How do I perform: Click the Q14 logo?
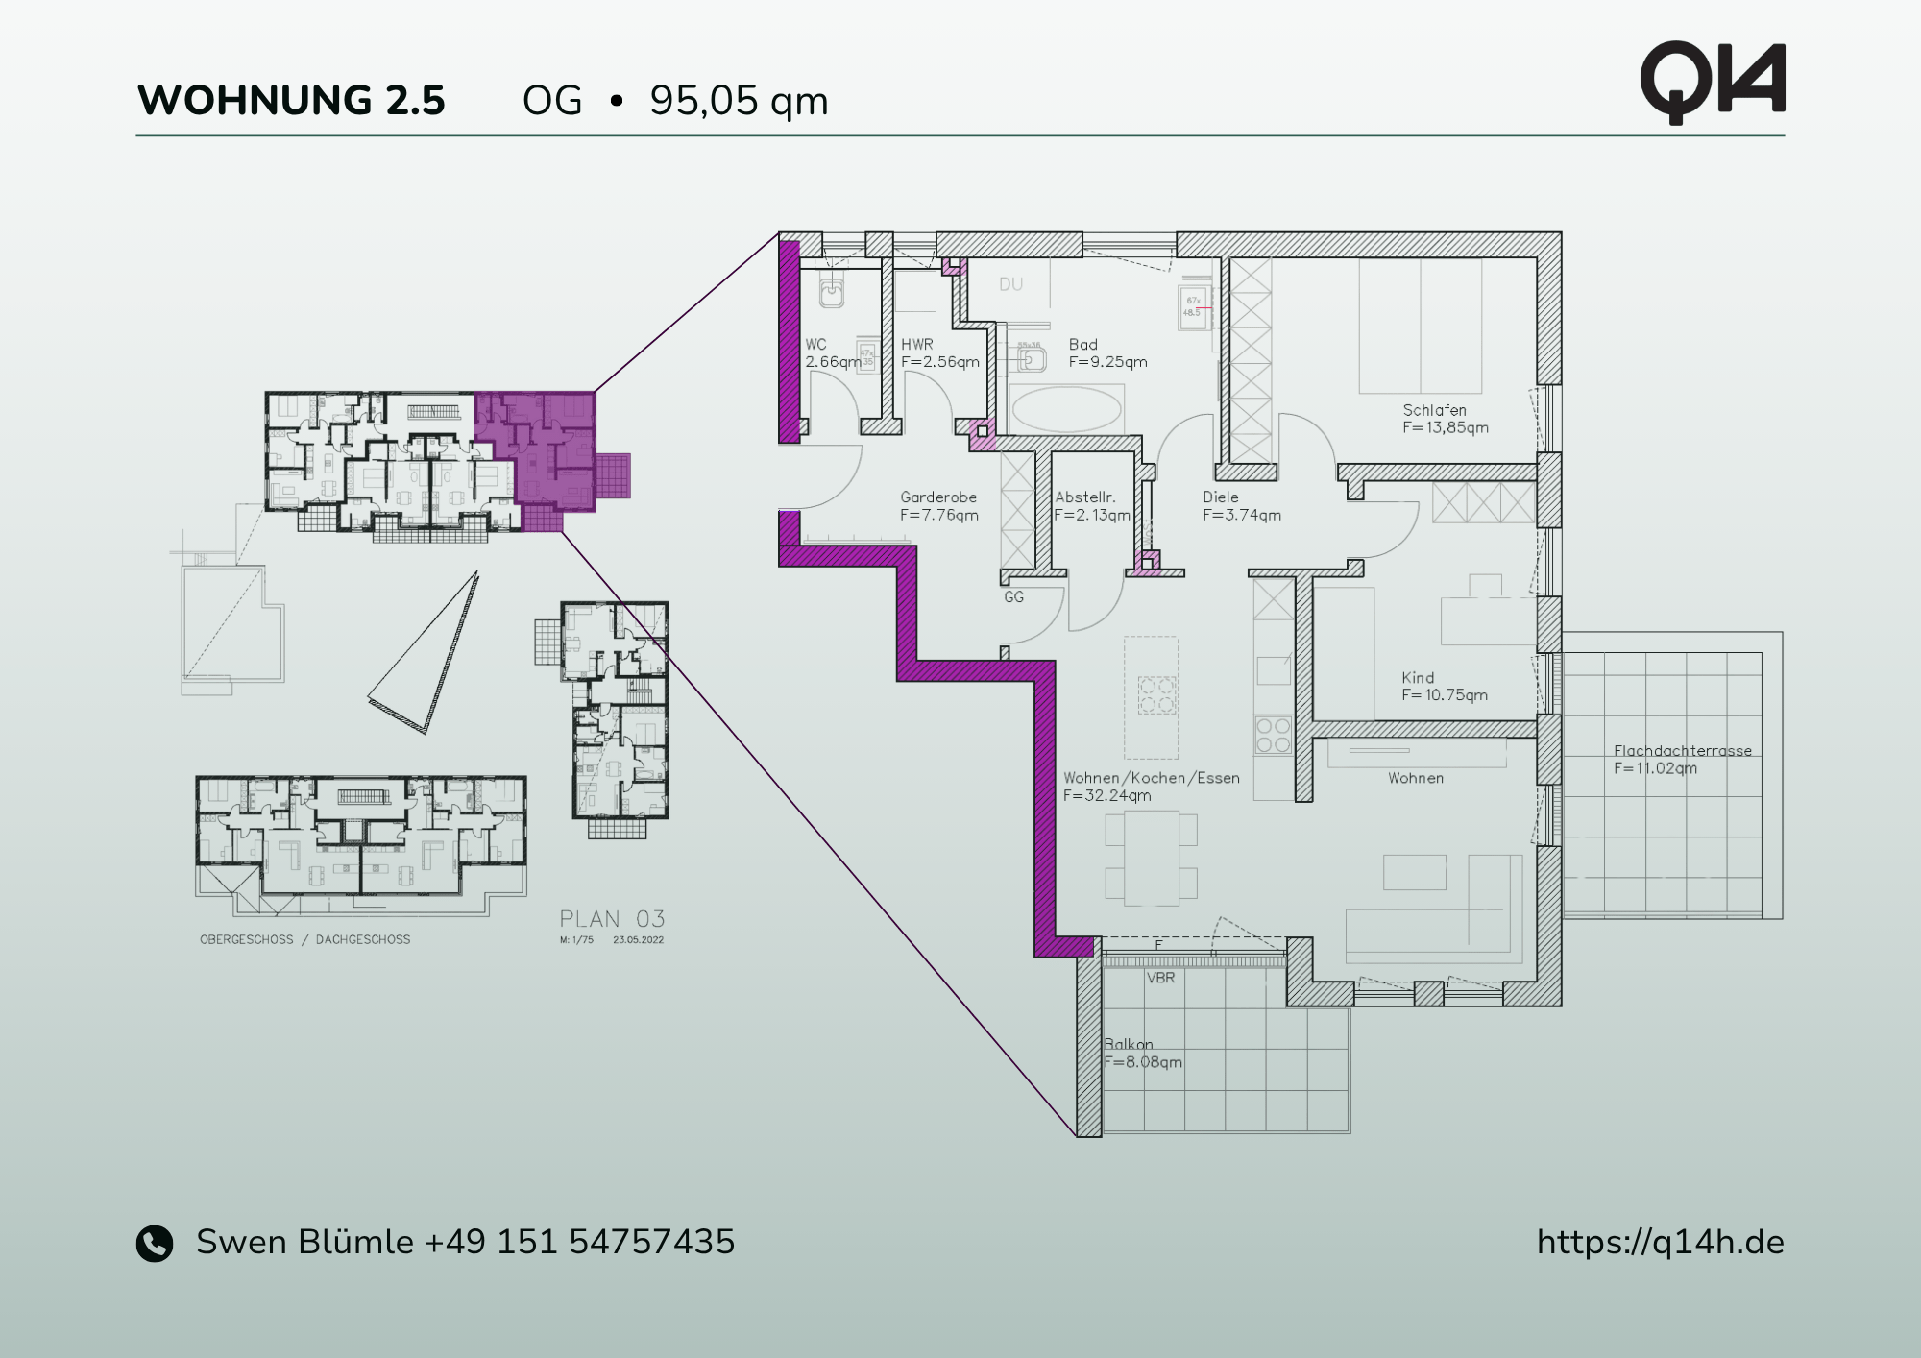1712,83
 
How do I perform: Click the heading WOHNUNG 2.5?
291,101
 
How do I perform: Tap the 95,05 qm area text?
738,101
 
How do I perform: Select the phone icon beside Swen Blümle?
155,1243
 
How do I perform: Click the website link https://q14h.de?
1660,1242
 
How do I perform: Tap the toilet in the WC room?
831,289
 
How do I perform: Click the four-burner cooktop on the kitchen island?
1156,694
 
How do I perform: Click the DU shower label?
1010,284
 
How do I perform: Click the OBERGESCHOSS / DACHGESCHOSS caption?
304,939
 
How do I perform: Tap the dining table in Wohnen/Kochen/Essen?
1151,857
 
